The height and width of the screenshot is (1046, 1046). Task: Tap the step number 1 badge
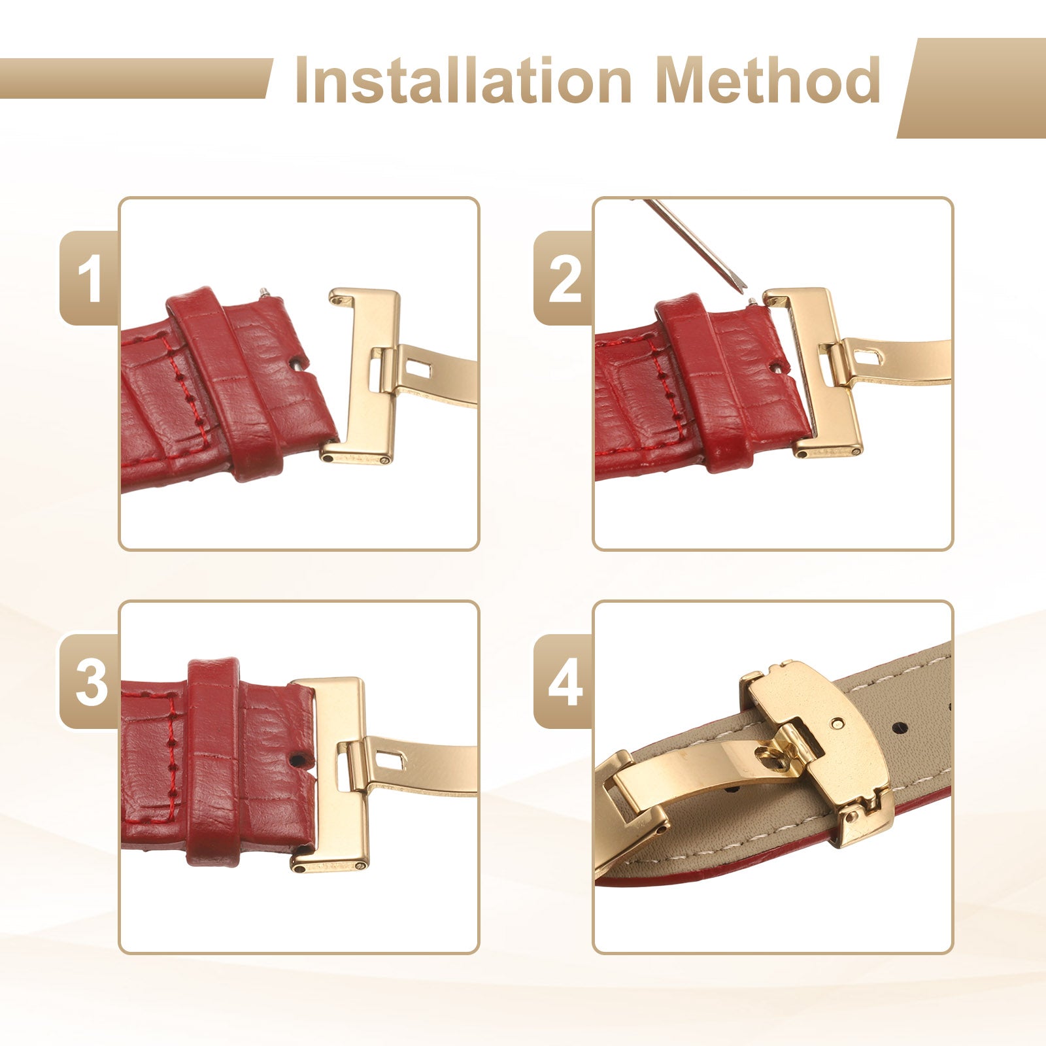coord(90,278)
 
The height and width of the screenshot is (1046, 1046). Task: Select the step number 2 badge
coord(564,278)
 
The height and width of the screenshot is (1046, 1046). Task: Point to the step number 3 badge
coord(90,682)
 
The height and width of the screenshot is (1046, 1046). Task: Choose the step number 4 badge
coord(564,682)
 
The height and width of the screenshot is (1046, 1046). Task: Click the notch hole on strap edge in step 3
coord(297,760)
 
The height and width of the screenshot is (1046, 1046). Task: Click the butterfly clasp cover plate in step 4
coord(817,752)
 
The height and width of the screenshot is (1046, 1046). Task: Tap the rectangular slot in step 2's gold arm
coord(866,356)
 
